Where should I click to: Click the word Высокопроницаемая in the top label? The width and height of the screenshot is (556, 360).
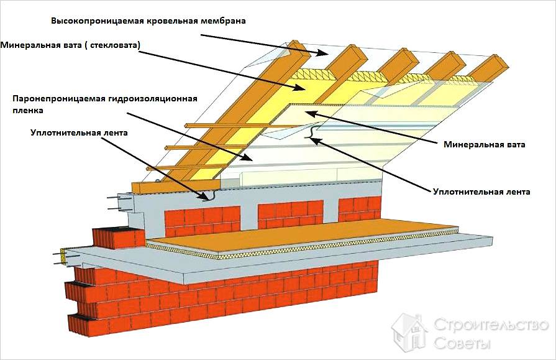point(98,21)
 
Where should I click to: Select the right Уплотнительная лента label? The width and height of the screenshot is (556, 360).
point(481,192)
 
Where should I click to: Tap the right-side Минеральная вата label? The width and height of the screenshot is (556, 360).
point(485,145)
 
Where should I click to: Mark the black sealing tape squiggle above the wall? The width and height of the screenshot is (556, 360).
point(210,196)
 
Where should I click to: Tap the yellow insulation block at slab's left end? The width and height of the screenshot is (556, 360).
point(64,253)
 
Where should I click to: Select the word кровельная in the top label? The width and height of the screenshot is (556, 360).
point(171,21)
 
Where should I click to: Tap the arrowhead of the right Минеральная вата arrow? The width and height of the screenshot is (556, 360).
point(312,113)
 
